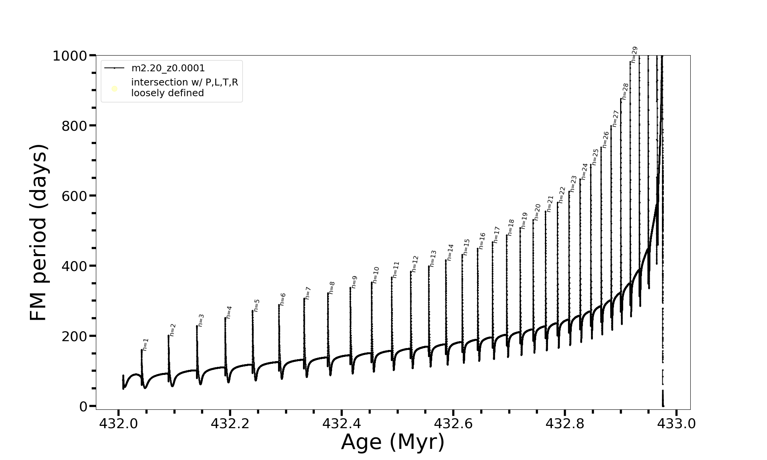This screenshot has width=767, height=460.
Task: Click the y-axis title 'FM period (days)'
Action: pos(38,233)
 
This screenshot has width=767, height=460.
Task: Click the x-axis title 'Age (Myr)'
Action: pos(393,442)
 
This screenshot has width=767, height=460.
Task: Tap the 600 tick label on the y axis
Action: pos(74,196)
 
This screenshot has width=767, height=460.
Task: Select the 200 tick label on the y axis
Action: pos(74,336)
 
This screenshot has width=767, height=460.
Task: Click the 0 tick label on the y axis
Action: pos(83,407)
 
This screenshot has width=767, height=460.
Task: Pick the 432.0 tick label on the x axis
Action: pos(119,424)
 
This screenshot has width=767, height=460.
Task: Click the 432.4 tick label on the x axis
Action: pos(341,424)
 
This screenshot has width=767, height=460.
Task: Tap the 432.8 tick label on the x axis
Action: pos(565,424)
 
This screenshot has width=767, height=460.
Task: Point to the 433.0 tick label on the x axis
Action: pos(676,424)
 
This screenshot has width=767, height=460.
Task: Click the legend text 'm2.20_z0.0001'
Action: pos(168,68)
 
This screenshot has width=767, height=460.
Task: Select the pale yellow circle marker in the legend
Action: pos(114,89)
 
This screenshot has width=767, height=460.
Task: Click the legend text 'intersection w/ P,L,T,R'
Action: pos(184,82)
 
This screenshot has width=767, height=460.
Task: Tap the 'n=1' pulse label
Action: pos(145,344)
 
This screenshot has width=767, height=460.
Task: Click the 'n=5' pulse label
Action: pos(257,305)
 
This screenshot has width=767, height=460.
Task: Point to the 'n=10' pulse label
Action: pos(375,275)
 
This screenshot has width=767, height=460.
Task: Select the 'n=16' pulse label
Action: pos(482,241)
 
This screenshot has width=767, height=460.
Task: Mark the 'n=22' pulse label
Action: pos(562,195)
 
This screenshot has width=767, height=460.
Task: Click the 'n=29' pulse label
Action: pos(634,54)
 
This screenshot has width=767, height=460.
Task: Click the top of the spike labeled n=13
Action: pos(429,266)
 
